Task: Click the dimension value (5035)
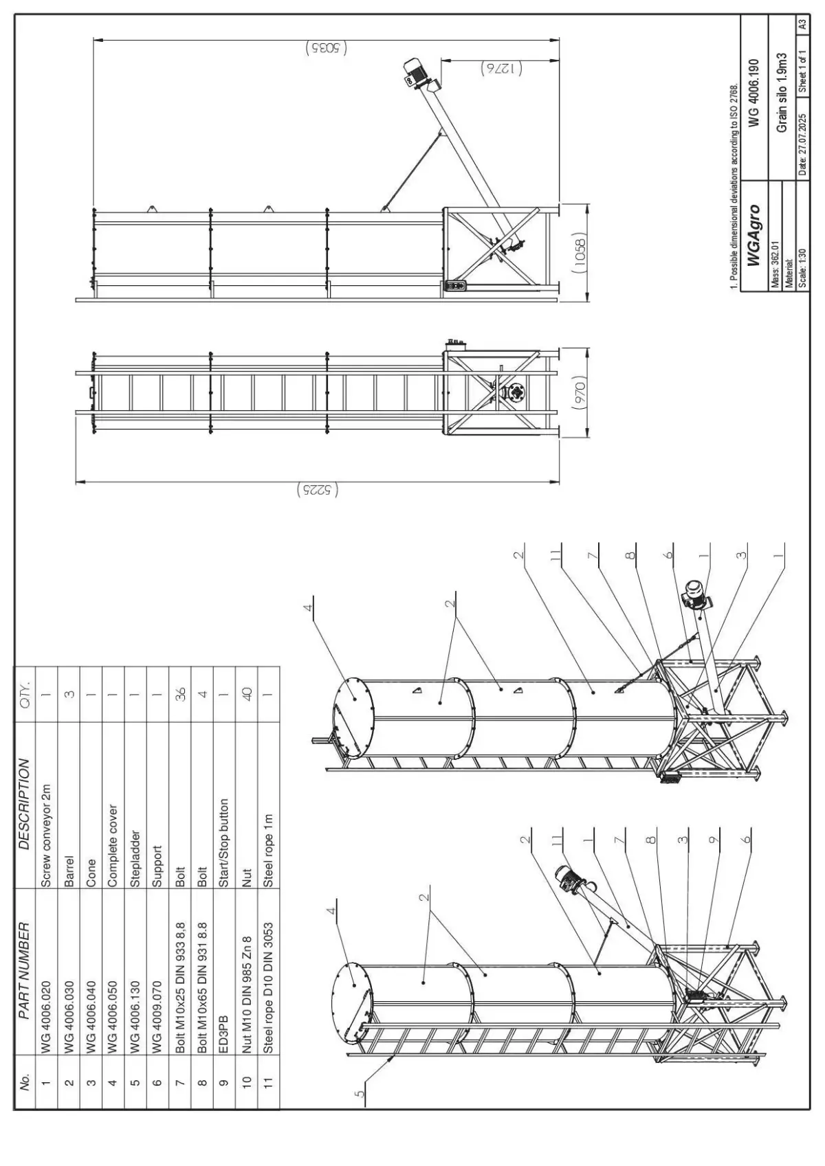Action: point(325,48)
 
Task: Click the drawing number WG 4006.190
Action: point(755,93)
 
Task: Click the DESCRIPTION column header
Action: point(25,803)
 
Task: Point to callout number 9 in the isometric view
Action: point(715,838)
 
